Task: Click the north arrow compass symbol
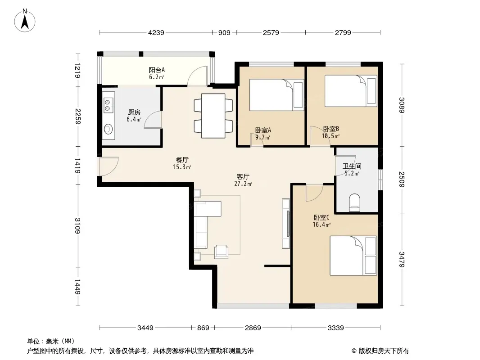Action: point(25,21)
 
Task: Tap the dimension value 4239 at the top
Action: point(156,32)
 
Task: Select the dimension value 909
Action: point(224,32)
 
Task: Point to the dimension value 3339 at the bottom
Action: point(336,328)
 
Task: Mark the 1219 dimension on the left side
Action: point(78,70)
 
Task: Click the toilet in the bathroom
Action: point(355,202)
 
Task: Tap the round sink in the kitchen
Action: point(108,129)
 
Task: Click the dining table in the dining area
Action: point(213,116)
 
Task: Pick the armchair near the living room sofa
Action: point(221,252)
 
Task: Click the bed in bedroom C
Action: point(353,256)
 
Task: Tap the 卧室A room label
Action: point(263,130)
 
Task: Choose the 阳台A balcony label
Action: point(157,70)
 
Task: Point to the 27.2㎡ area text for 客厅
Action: point(243,184)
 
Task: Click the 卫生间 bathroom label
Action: point(352,166)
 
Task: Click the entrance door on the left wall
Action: point(109,166)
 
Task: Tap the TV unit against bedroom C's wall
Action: point(286,224)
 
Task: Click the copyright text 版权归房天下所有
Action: point(384,351)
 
